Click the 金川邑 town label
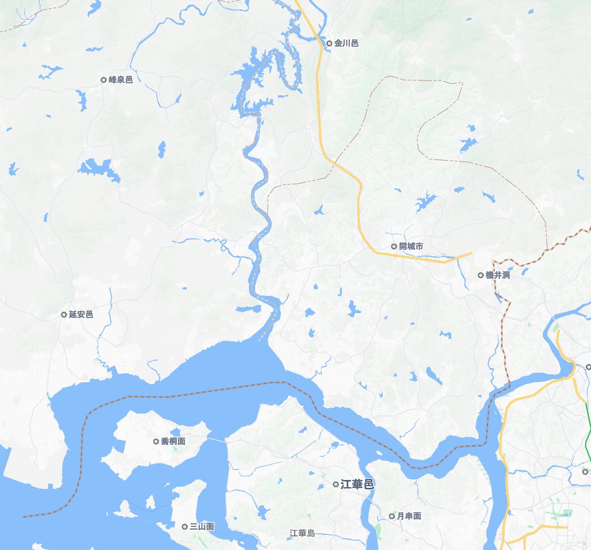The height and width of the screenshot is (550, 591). coord(347,43)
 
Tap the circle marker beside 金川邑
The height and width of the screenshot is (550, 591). coord(329,43)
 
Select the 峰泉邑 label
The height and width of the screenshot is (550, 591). coord(121,80)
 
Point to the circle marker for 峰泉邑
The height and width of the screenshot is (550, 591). coord(104,80)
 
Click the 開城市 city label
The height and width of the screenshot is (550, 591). coord(411,246)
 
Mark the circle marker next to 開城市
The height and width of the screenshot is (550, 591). coord(394,246)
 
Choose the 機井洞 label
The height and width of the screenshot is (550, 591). coord(498,275)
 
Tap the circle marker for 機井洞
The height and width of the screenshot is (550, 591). coord(481,275)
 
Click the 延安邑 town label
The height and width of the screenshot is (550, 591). coord(81,315)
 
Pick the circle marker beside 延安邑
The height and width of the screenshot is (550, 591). coord(64,315)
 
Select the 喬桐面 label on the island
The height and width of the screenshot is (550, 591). coord(173,441)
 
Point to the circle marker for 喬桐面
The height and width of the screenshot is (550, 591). coord(156,441)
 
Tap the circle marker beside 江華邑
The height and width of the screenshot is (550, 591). coord(336,485)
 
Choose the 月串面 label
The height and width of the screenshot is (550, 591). coord(409,517)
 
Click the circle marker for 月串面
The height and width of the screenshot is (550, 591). coord(392,517)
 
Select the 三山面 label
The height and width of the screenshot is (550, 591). coord(202,527)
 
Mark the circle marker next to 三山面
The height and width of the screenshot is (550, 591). coord(185,527)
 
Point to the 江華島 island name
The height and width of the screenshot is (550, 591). coord(303,534)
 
